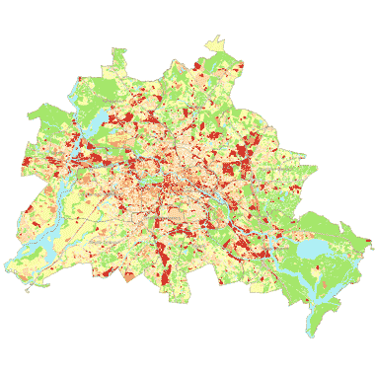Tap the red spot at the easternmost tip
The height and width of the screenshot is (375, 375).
tap(367, 243)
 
